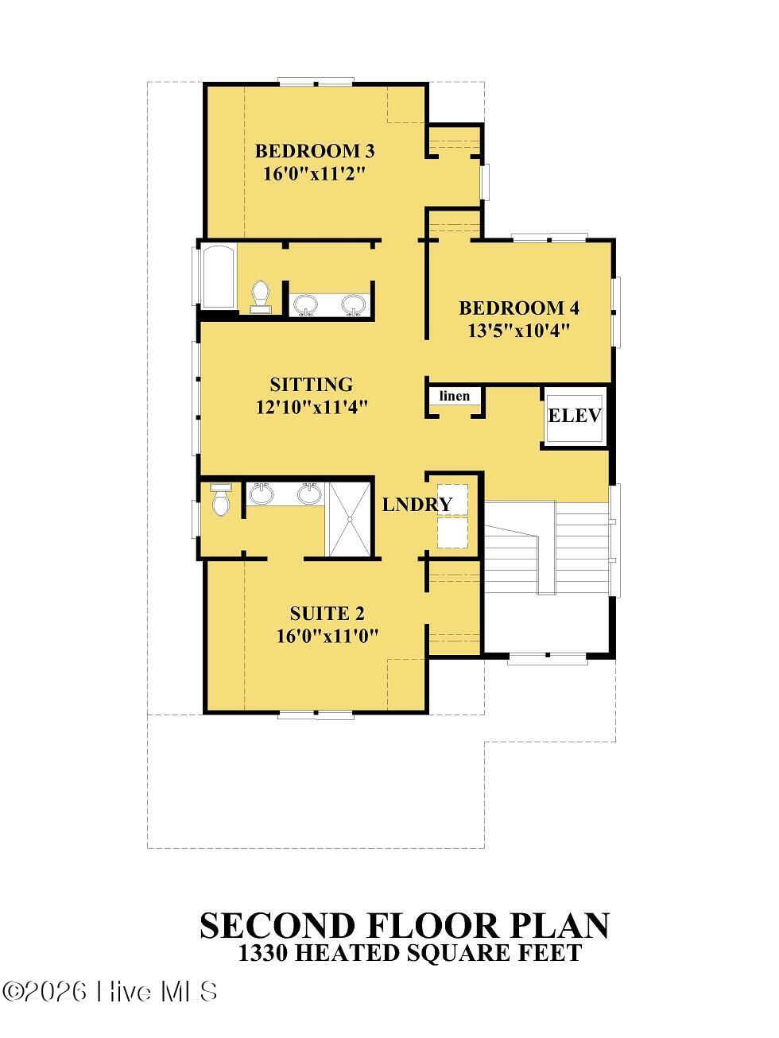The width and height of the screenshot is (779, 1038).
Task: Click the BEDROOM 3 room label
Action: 315,151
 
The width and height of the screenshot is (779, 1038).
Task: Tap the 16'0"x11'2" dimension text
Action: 315,173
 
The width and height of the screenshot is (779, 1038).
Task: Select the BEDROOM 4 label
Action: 519,308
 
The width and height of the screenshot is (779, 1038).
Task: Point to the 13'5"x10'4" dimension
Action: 519,330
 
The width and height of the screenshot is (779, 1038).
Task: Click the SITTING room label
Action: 312,384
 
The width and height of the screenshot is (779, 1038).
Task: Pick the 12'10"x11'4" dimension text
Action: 312,407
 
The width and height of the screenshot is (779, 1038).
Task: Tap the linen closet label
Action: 455,395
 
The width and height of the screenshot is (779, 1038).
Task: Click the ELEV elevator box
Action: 575,416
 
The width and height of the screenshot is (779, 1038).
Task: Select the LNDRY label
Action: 417,505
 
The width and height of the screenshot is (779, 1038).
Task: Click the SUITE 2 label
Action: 327,614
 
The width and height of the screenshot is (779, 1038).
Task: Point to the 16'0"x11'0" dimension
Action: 327,636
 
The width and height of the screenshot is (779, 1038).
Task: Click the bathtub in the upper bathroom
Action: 218,277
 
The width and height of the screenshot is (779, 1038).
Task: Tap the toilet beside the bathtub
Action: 261,297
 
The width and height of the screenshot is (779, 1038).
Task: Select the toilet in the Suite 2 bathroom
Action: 220,500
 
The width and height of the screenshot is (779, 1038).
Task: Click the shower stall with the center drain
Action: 350,519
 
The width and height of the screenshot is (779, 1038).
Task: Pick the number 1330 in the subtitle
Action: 263,953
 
